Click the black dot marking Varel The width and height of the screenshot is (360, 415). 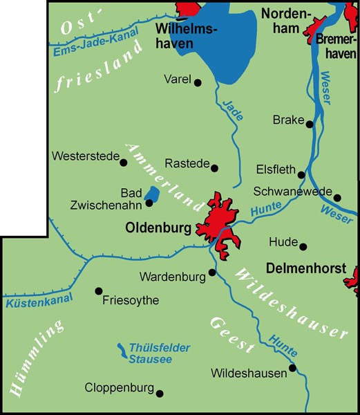[198, 82]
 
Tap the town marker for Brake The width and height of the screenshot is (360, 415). [310, 124]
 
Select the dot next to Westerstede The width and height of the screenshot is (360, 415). [124, 163]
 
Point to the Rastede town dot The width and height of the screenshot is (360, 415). [215, 167]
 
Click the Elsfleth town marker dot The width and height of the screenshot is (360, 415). [301, 174]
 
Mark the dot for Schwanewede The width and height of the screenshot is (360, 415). [338, 195]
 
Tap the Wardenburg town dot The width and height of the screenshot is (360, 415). [212, 272]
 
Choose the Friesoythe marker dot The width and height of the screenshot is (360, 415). [98, 290]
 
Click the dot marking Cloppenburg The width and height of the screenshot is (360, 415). [160, 394]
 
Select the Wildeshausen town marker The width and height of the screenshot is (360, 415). [293, 368]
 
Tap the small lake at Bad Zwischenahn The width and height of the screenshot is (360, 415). [150, 196]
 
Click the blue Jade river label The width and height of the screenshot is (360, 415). [233, 110]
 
